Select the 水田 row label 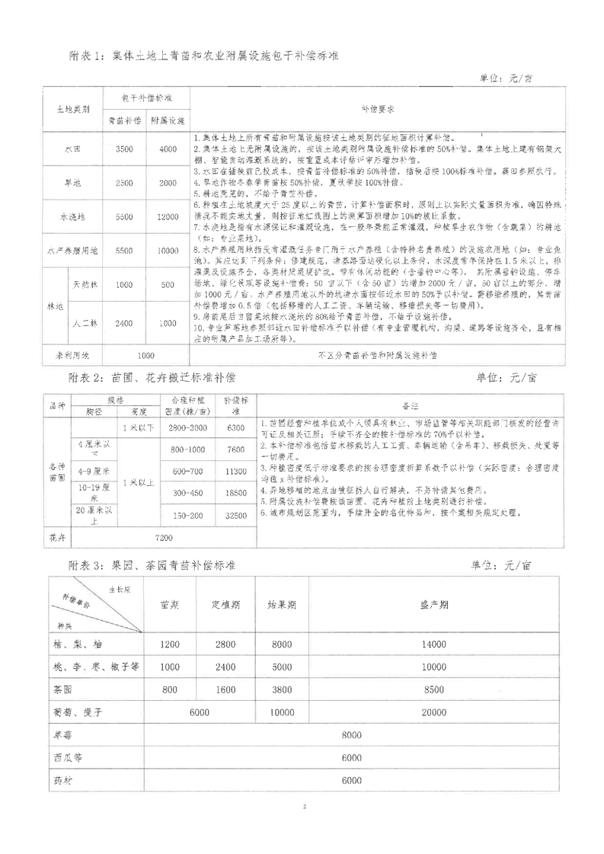[x=72, y=149]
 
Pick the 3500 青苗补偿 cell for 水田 [x=123, y=149]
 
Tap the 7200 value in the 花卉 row [x=164, y=538]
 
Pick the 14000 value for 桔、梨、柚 [x=434, y=644]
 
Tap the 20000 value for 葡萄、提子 [x=434, y=712]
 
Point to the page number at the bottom [x=303, y=827]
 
